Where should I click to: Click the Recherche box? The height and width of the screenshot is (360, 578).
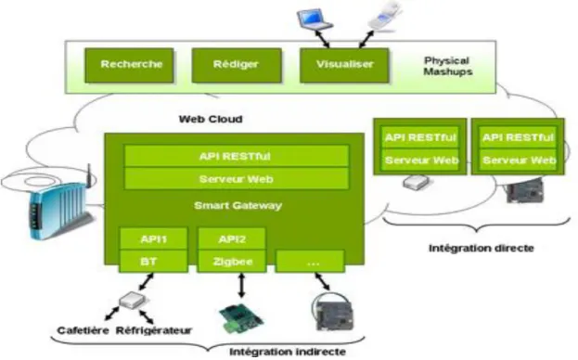(x=129, y=65)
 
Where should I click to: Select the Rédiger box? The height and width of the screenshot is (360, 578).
(x=237, y=65)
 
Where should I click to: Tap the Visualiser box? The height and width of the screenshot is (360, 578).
(x=344, y=65)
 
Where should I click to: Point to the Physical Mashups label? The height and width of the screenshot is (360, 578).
(x=447, y=66)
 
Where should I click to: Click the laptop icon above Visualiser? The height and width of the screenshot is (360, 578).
(x=315, y=19)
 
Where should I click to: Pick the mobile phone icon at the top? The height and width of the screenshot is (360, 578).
(x=384, y=16)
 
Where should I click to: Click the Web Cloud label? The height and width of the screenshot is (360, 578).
(x=211, y=120)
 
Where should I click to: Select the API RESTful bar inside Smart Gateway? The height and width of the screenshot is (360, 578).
(x=237, y=156)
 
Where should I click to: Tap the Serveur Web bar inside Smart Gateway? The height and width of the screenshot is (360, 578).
(x=237, y=179)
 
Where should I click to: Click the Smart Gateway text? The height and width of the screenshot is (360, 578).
(x=238, y=206)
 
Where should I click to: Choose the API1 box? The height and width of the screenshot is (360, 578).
(x=154, y=239)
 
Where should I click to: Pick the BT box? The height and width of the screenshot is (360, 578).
(x=154, y=262)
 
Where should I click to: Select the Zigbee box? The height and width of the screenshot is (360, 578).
(x=232, y=262)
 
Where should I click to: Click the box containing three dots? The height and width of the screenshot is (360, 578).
(x=311, y=262)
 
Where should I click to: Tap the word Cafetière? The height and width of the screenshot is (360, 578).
(x=83, y=330)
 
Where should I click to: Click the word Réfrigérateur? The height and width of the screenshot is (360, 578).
(x=154, y=330)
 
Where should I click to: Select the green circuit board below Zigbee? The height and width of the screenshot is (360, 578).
(x=241, y=317)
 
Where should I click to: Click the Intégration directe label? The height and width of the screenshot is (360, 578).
(x=482, y=249)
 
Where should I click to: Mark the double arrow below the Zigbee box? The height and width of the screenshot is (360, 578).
(x=241, y=285)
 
